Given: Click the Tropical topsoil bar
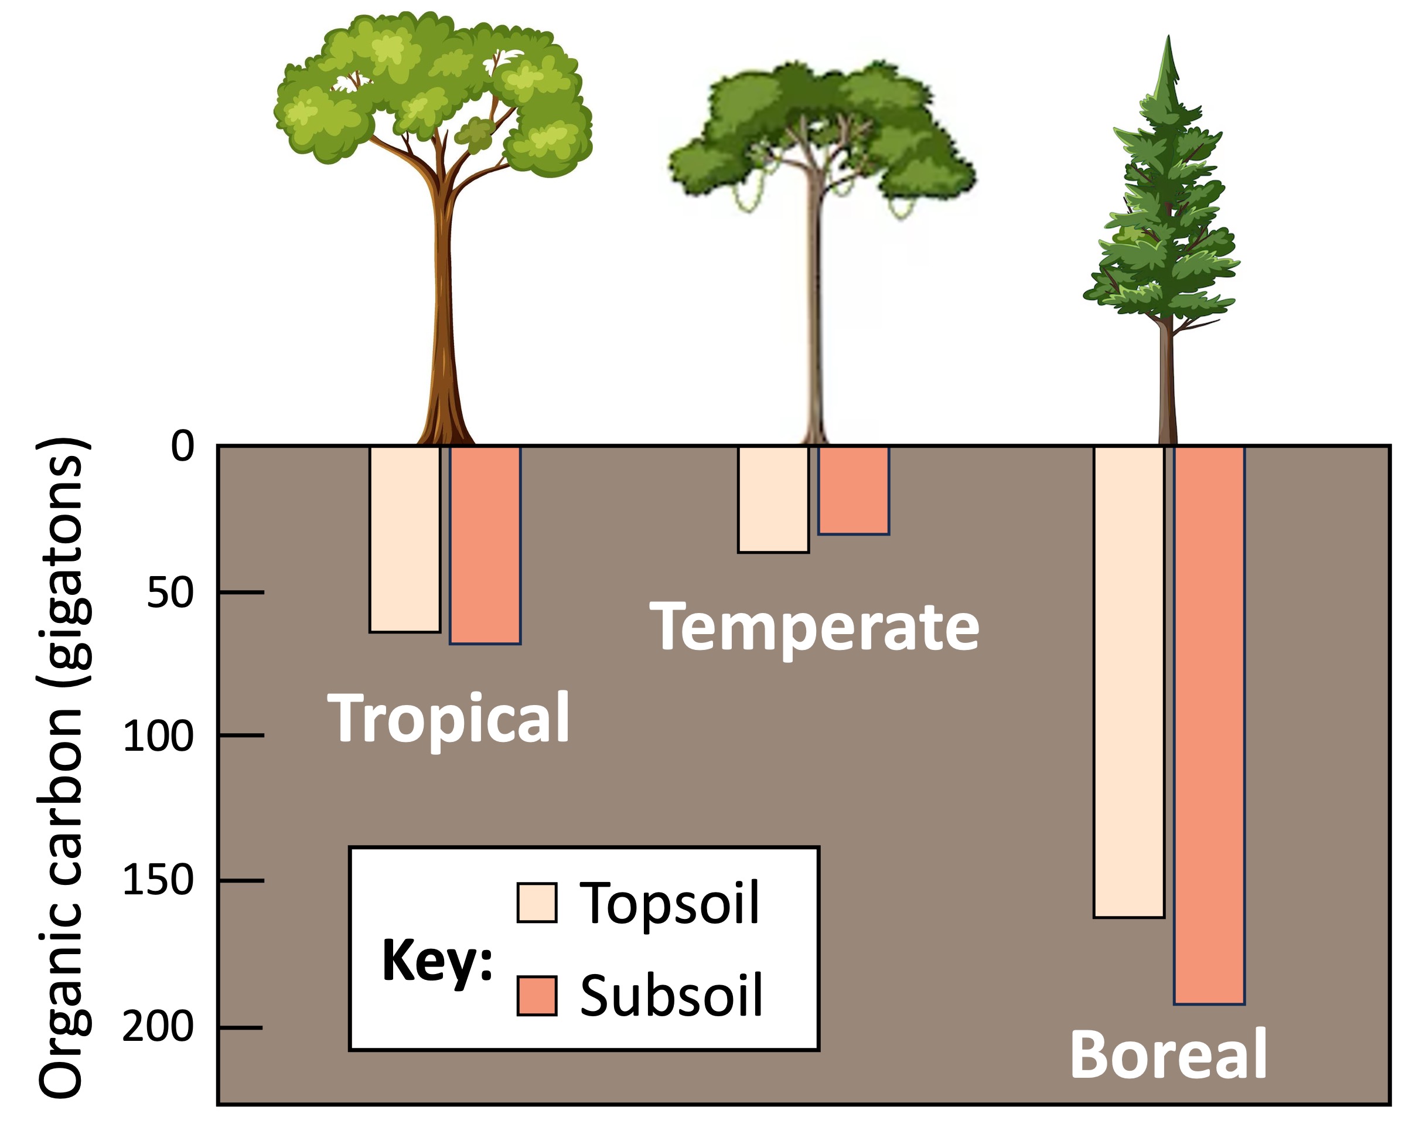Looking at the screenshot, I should tap(404, 539).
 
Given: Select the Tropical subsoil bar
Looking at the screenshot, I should tap(485, 545).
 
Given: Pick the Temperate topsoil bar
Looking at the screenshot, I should tap(773, 499).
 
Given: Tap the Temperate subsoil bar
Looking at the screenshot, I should tap(853, 491).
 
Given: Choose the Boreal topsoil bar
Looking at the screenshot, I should tap(1128, 682).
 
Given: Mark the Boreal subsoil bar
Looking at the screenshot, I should tap(1209, 725).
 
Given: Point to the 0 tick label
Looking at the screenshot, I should tap(183, 447).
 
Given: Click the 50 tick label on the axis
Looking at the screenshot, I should tap(170, 593).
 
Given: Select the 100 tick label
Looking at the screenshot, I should tap(158, 737).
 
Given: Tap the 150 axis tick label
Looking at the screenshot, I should tap(158, 881).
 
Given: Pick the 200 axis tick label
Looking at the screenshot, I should tap(158, 1027).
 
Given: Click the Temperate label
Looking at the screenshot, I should tap(814, 627).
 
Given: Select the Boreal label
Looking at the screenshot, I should tap(1168, 1055).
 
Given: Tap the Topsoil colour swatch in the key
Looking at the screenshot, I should tap(537, 903).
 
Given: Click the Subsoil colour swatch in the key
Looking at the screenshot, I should tap(537, 996).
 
